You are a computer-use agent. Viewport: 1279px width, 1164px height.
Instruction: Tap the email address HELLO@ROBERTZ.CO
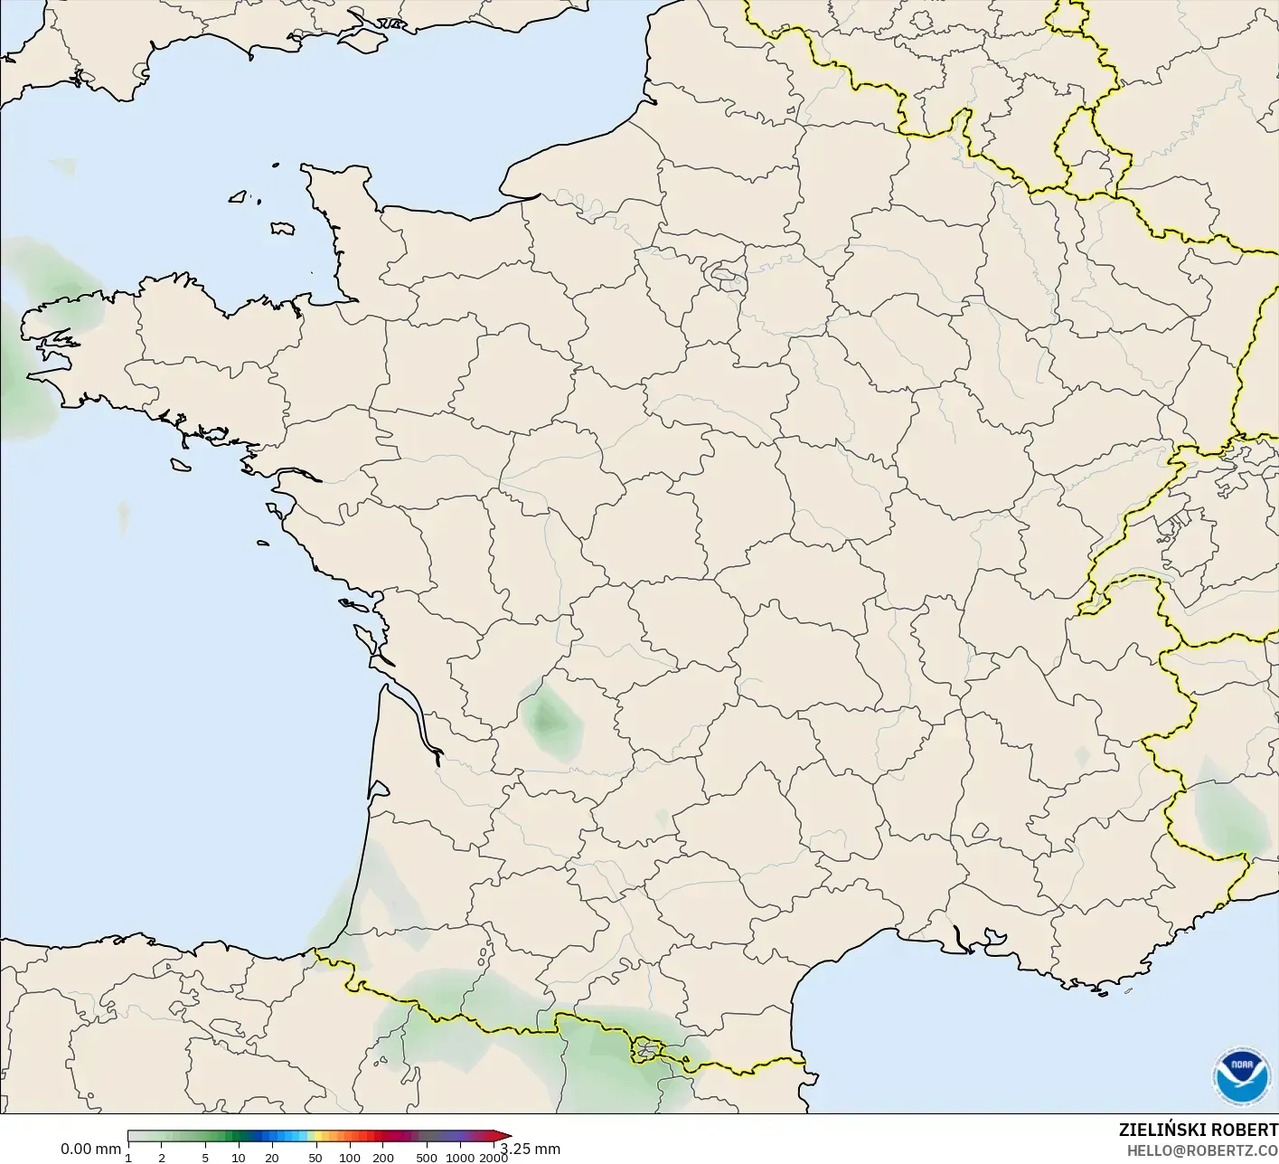(1201, 1150)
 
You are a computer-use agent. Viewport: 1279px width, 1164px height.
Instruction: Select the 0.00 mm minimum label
(90, 1149)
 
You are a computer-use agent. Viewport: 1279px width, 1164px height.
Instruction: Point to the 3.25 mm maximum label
(532, 1149)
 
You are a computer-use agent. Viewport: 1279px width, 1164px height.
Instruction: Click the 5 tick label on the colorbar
(205, 1158)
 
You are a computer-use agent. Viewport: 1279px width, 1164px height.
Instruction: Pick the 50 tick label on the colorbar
(315, 1158)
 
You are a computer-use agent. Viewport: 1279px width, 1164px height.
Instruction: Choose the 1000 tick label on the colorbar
(460, 1158)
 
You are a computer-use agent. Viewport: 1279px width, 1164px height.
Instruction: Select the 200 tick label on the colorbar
(382, 1158)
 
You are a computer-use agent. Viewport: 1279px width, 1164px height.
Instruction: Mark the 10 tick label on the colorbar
(239, 1158)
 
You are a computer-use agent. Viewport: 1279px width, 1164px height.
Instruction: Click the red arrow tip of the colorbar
(506, 1137)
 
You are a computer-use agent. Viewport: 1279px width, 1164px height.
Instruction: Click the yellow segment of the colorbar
(310, 1137)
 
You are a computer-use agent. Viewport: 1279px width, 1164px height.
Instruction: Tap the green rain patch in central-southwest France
(546, 719)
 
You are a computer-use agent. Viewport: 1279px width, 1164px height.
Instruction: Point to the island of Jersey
(282, 229)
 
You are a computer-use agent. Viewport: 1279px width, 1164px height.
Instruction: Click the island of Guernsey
(240, 195)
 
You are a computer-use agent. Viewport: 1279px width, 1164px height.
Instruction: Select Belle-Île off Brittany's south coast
(181, 464)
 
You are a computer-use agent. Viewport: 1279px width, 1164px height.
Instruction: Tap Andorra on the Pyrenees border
(647, 1049)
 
